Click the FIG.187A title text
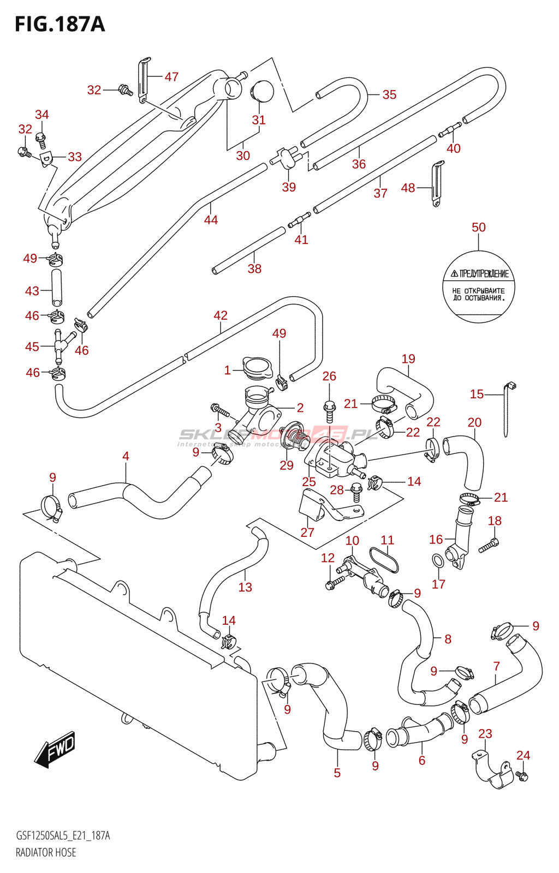coord(60,24)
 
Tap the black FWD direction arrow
coord(55,749)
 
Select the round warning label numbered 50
coord(478,287)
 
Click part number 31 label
coord(259,120)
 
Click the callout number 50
coord(478,228)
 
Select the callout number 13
coord(245,587)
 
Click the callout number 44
coord(211,220)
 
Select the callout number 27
coord(307,533)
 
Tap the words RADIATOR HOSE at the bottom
coord(46,852)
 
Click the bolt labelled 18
coord(489,545)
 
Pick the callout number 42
coord(221,315)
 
